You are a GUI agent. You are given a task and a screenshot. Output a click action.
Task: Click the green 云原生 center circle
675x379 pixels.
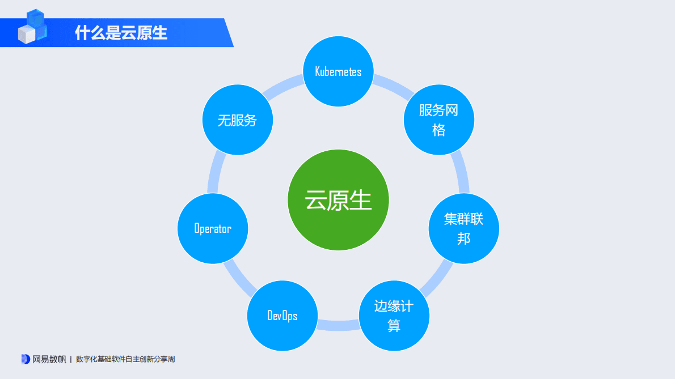(x=338, y=200)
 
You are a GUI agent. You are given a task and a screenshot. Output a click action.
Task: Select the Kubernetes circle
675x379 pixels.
(x=338, y=71)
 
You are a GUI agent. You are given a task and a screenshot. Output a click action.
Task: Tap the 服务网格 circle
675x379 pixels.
(x=438, y=120)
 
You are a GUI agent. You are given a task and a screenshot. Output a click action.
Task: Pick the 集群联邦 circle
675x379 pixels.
(x=463, y=229)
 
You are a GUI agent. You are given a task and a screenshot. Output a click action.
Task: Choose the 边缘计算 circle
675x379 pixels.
(x=394, y=316)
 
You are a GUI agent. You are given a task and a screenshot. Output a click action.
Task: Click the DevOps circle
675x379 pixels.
(x=282, y=316)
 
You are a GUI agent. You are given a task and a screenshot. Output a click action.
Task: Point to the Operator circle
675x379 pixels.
(x=213, y=228)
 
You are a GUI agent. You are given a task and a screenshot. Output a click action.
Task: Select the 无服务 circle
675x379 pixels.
(x=238, y=120)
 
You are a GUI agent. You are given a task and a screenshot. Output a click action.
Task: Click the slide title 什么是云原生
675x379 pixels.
(x=121, y=33)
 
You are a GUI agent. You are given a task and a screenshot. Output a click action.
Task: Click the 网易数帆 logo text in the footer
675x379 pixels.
(x=49, y=359)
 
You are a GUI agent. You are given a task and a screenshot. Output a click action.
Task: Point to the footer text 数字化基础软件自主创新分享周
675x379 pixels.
(x=125, y=359)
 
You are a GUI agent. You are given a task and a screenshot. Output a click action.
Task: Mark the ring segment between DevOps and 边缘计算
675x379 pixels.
(x=338, y=325)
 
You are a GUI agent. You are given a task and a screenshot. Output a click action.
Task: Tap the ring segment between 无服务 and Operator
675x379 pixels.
(x=214, y=173)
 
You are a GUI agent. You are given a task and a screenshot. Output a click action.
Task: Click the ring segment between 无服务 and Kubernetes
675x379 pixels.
(x=283, y=86)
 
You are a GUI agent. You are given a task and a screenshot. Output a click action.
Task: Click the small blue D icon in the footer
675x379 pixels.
(x=25, y=359)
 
